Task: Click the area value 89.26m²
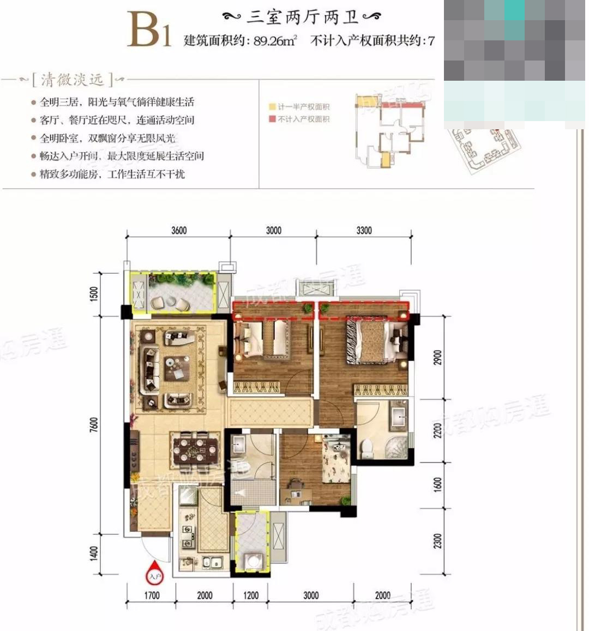tap(275, 41)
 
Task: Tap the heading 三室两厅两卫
tap(303, 17)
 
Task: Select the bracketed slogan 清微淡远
tap(72, 80)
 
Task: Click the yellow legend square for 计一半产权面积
tap(272, 107)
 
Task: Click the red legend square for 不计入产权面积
tap(272, 119)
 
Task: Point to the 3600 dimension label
tap(179, 230)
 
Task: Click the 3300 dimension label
tap(364, 230)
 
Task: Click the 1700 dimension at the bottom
tap(152, 595)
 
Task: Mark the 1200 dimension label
tap(251, 595)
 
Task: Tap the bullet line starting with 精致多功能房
tap(112, 174)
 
